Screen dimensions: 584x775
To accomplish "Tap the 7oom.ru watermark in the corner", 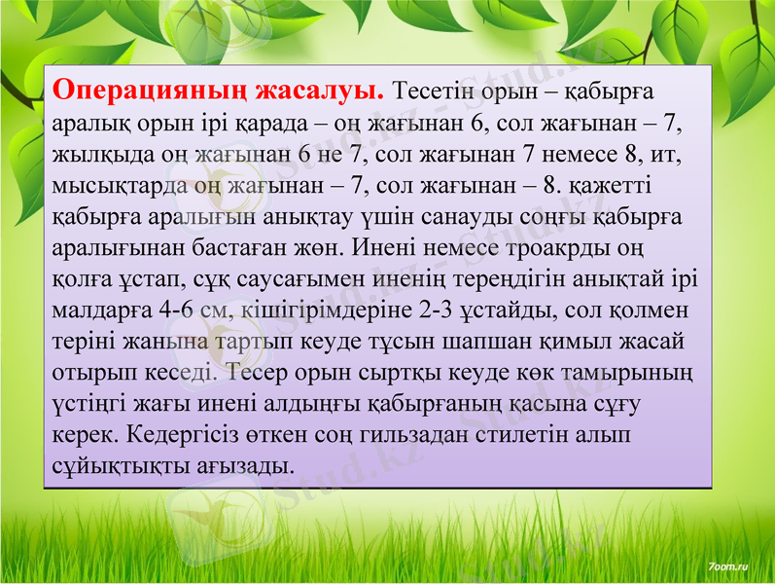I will [x=728, y=564].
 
